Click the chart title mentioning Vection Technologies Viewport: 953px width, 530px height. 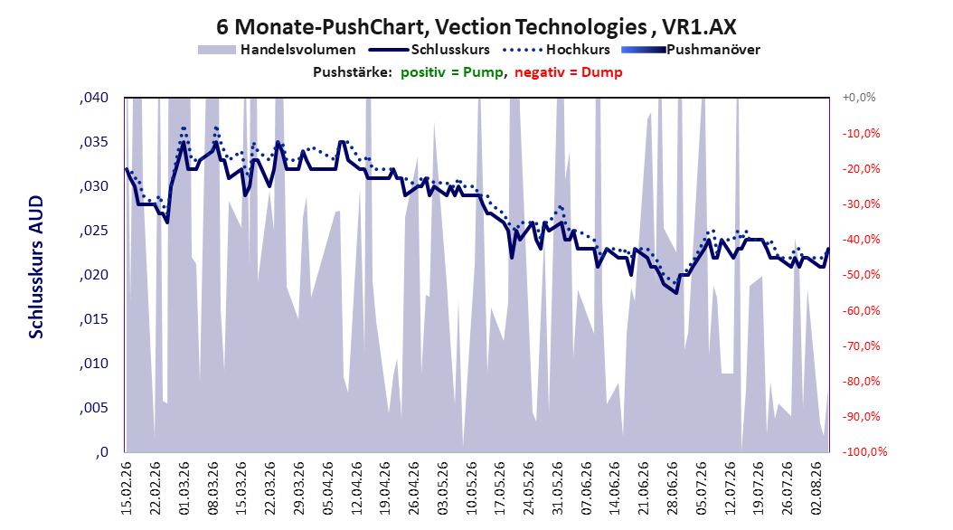click(476, 27)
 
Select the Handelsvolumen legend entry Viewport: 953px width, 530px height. click(277, 50)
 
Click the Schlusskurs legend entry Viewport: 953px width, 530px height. click(429, 50)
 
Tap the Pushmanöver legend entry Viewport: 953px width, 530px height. click(691, 50)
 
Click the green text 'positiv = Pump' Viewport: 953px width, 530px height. click(452, 72)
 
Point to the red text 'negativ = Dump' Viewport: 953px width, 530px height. click(569, 72)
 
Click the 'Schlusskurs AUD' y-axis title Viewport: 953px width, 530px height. click(36, 267)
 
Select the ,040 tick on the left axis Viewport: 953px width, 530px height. click(94, 98)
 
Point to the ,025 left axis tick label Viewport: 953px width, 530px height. click(94, 231)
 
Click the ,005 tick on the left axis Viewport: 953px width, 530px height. click(94, 408)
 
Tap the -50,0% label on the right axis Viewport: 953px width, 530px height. click(861, 275)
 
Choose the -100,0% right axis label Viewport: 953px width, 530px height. click(864, 451)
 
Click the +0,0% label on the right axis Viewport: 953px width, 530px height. click(859, 98)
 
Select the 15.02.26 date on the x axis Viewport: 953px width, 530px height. click(127, 488)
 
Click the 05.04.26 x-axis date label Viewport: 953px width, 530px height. click(327, 488)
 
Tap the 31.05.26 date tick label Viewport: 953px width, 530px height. click(557, 488)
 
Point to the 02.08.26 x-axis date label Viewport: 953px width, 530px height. click(816, 488)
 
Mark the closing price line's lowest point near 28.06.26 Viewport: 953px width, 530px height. click(675, 293)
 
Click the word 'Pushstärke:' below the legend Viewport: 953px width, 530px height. click(353, 72)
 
